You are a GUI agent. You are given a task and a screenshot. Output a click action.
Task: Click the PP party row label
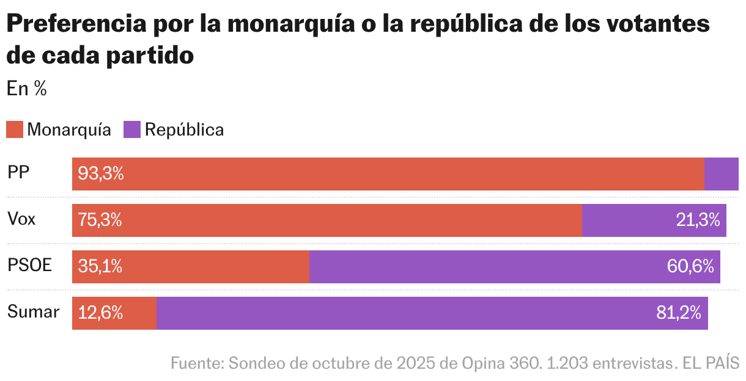click(19, 173)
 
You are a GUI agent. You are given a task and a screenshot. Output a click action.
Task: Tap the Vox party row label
click(22, 220)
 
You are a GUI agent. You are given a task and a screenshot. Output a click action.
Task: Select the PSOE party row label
click(30, 266)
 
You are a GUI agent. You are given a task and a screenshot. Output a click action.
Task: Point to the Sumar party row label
click(34, 313)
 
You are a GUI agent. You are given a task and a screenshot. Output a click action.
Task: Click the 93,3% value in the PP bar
click(101, 174)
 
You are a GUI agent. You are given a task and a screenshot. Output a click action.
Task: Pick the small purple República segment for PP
click(722, 174)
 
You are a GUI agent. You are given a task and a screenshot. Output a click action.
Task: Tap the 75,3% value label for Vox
click(100, 220)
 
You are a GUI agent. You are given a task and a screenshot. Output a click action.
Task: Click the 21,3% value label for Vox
click(698, 220)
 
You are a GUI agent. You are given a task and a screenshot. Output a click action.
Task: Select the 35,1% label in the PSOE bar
click(100, 267)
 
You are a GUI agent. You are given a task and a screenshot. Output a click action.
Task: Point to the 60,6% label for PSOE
click(692, 267)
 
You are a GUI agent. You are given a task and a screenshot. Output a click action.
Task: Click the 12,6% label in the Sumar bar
click(100, 313)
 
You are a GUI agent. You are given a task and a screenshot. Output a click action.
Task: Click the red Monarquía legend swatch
click(15, 129)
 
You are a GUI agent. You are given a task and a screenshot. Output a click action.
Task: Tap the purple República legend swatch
click(132, 129)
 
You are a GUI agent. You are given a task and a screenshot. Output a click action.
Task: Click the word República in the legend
click(184, 129)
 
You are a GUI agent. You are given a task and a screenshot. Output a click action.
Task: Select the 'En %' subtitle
click(27, 89)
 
